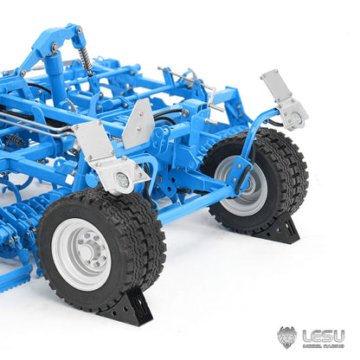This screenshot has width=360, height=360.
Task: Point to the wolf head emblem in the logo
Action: coord(287,337)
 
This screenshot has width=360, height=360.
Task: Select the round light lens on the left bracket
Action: coord(121,180)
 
